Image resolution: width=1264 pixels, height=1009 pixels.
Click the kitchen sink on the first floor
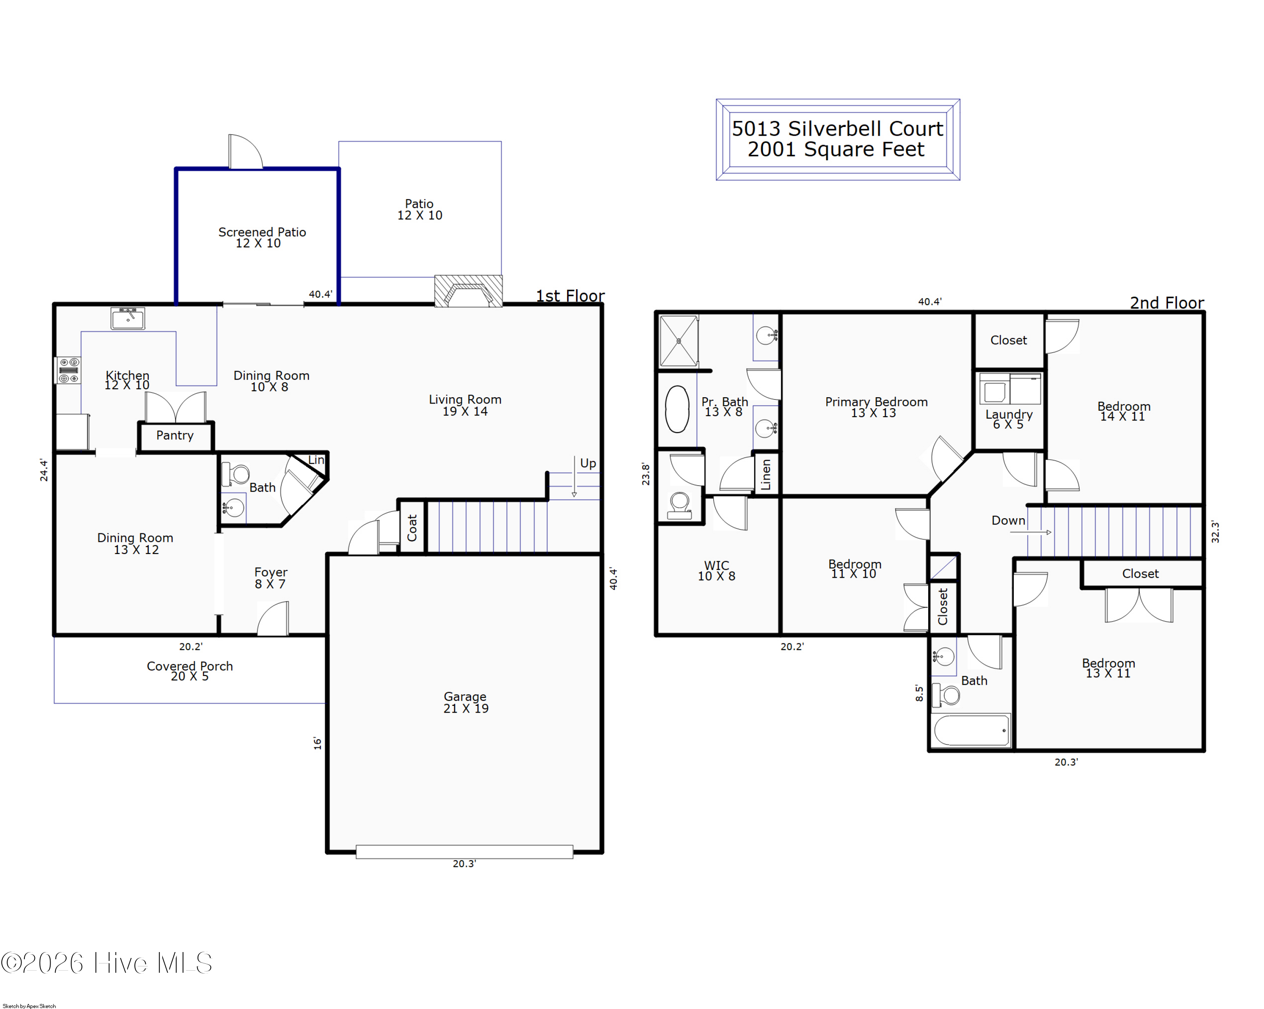point(128,318)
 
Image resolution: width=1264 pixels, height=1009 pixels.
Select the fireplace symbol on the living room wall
point(468,291)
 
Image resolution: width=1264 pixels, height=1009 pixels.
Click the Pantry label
point(175,435)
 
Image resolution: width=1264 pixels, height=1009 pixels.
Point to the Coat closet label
point(412,528)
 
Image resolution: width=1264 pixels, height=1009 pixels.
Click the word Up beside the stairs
point(588,463)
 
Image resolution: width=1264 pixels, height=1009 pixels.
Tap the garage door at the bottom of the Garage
point(464,852)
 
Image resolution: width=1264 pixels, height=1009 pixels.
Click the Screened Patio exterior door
point(246,152)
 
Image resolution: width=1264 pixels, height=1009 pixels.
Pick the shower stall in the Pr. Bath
point(679,341)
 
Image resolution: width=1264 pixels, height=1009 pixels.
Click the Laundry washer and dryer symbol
point(1010,388)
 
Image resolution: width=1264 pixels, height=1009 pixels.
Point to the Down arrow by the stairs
point(1030,533)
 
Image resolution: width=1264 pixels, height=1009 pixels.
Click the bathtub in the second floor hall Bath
point(972,730)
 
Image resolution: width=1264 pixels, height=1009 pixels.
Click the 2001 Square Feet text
point(836,150)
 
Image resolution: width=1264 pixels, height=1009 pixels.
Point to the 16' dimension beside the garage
point(317,743)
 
